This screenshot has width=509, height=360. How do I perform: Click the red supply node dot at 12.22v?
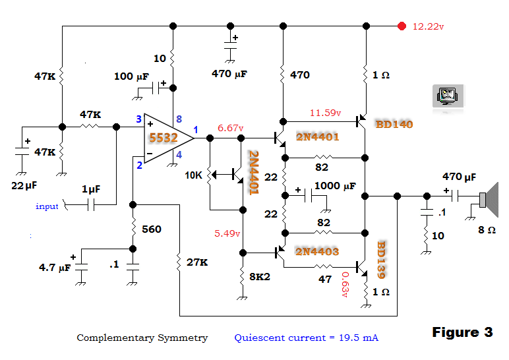pyautogui.click(x=402, y=26)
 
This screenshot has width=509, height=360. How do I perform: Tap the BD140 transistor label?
pyautogui.click(x=394, y=125)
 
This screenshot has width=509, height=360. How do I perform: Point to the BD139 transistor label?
pyautogui.click(x=382, y=260)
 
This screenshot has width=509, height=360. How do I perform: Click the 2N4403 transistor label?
pyautogui.click(x=317, y=251)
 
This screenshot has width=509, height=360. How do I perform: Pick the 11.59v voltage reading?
pyautogui.click(x=325, y=113)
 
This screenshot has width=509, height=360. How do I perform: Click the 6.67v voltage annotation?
pyautogui.click(x=231, y=128)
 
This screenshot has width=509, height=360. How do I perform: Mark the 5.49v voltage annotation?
pyautogui.click(x=227, y=233)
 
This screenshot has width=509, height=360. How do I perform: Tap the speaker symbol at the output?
pyautogui.click(x=489, y=199)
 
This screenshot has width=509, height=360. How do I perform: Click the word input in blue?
pyautogui.click(x=47, y=206)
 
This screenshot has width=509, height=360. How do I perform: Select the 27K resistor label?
pyautogui.click(x=197, y=262)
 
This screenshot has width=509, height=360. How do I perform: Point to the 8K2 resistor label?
pyautogui.click(x=260, y=276)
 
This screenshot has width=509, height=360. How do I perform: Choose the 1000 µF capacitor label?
pyautogui.click(x=335, y=186)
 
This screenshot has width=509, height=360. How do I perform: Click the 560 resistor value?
pyautogui.click(x=152, y=229)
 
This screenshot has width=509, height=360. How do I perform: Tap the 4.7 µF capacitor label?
pyautogui.click(x=55, y=268)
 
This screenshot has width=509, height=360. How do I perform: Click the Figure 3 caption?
pyautogui.click(x=463, y=332)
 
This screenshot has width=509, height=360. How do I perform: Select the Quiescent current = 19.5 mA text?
pyautogui.click(x=306, y=338)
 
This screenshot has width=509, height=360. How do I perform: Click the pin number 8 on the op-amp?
pyautogui.click(x=179, y=119)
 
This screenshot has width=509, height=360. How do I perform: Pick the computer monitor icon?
pyautogui.click(x=448, y=96)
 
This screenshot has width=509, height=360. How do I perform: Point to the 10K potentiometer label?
pyautogui.click(x=193, y=175)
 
